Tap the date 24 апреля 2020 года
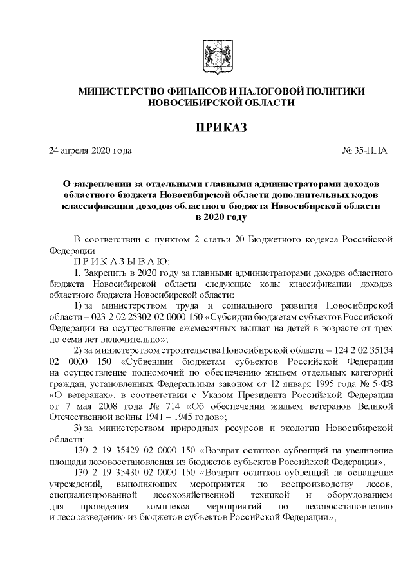point(90,151)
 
